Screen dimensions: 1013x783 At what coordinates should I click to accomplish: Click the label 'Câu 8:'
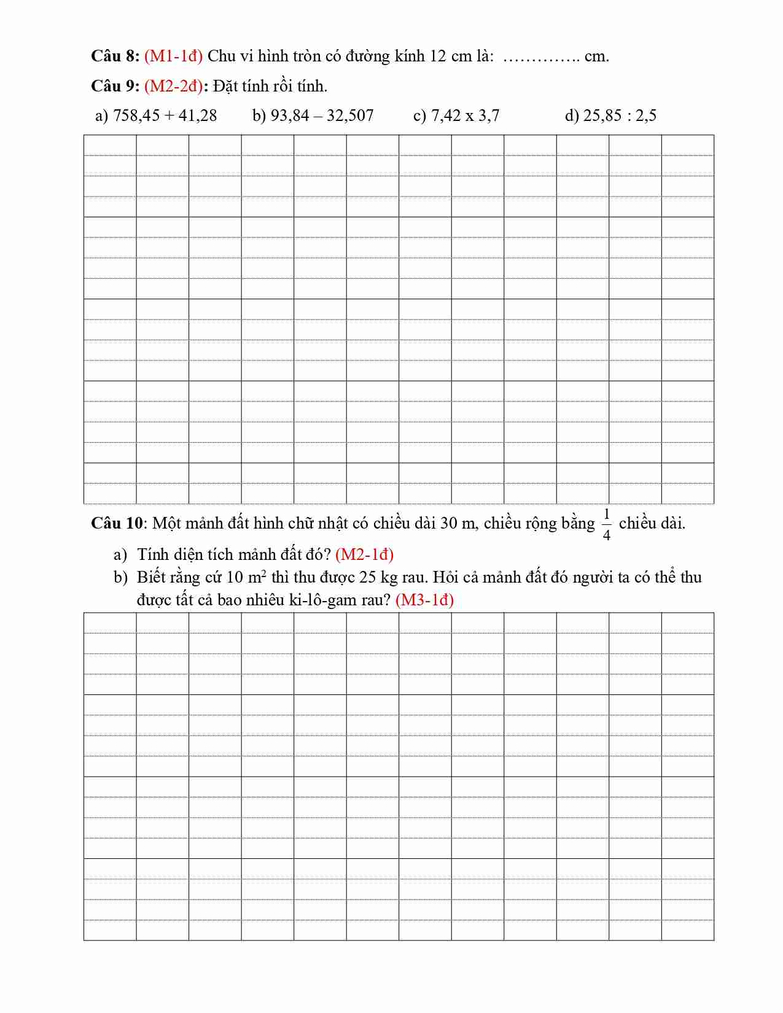tap(115, 56)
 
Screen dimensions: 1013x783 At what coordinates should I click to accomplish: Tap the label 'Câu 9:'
tap(115, 87)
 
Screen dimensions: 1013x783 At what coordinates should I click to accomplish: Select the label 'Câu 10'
tap(117, 524)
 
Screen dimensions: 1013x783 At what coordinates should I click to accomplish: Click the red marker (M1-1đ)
tap(174, 56)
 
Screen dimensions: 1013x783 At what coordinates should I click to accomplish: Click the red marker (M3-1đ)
tap(425, 600)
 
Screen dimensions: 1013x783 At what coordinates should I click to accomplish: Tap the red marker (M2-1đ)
tap(365, 555)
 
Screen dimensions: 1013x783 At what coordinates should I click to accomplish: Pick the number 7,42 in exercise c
tap(444, 116)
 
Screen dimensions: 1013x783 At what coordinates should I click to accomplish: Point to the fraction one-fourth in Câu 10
tap(607, 524)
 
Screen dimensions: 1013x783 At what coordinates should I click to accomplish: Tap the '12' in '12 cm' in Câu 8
tap(438, 56)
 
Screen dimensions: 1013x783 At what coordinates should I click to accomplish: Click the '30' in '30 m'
tap(449, 524)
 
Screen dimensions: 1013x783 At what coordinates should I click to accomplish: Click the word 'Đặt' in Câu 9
tap(225, 87)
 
